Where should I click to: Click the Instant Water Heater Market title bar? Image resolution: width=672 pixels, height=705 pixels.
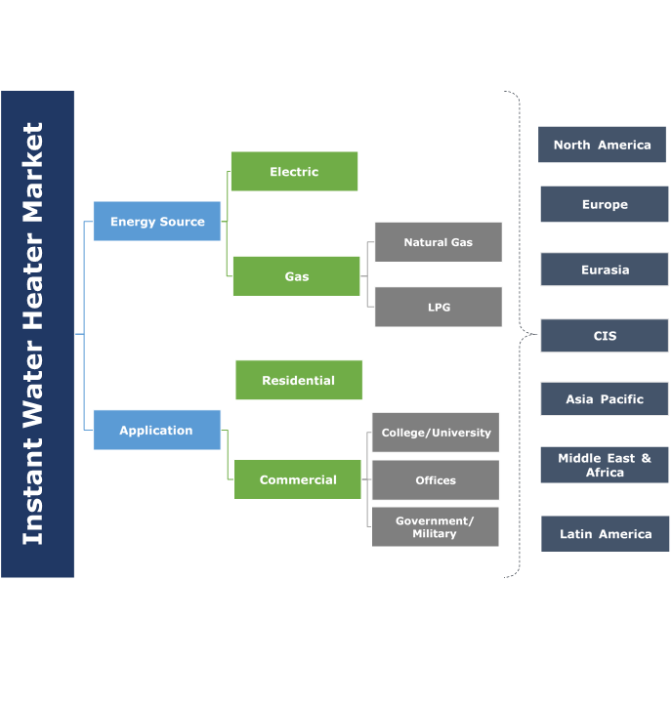(37, 334)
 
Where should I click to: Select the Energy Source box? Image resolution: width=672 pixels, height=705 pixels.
(157, 222)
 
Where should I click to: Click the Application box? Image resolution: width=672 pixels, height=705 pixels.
(156, 430)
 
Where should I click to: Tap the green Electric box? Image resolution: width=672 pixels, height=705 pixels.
(294, 172)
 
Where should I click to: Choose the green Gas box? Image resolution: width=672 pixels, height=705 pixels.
(296, 276)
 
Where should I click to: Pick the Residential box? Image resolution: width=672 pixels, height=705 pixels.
(298, 380)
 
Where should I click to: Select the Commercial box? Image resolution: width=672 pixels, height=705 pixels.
(297, 479)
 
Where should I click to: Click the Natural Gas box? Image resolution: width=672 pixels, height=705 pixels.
(438, 242)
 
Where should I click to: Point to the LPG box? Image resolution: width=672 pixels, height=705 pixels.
(438, 307)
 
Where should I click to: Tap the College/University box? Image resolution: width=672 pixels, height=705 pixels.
(436, 433)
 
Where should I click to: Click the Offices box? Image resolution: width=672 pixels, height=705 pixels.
(435, 480)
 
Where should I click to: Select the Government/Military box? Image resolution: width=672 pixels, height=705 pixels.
(435, 527)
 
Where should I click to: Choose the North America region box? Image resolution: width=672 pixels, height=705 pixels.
(602, 145)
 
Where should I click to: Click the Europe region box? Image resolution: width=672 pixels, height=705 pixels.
(605, 205)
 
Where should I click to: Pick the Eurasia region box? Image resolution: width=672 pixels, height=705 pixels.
(605, 270)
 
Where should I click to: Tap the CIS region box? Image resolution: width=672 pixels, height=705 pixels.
(605, 336)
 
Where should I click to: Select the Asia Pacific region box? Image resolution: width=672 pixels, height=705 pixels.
(605, 399)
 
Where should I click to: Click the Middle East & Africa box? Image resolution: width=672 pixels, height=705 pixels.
(605, 465)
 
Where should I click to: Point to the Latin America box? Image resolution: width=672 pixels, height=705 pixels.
(605, 534)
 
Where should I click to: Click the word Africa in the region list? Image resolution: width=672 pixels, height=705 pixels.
(605, 473)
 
